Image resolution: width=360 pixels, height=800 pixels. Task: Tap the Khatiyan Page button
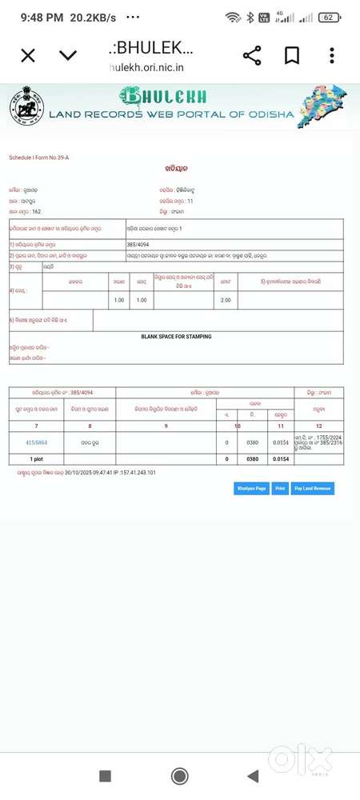(250, 488)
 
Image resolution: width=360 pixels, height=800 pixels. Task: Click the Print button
(280, 488)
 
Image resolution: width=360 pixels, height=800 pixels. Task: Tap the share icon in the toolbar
(252, 55)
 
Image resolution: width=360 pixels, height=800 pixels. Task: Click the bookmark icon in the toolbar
(292, 55)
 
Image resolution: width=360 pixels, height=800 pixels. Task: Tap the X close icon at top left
(28, 55)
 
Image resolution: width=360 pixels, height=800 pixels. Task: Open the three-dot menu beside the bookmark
(332, 55)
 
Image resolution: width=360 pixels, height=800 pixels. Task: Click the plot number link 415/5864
(35, 442)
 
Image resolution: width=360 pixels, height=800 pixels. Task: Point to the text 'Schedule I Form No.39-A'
(39, 158)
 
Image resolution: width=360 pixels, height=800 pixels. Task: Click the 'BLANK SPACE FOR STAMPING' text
(176, 337)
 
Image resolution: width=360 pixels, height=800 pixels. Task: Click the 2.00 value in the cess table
(226, 300)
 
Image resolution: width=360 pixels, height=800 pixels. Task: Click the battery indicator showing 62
(328, 17)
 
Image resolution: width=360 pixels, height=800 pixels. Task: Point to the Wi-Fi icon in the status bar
(233, 17)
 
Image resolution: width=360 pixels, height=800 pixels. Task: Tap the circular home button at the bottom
(180, 776)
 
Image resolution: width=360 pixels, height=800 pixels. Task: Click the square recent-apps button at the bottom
(105, 776)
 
